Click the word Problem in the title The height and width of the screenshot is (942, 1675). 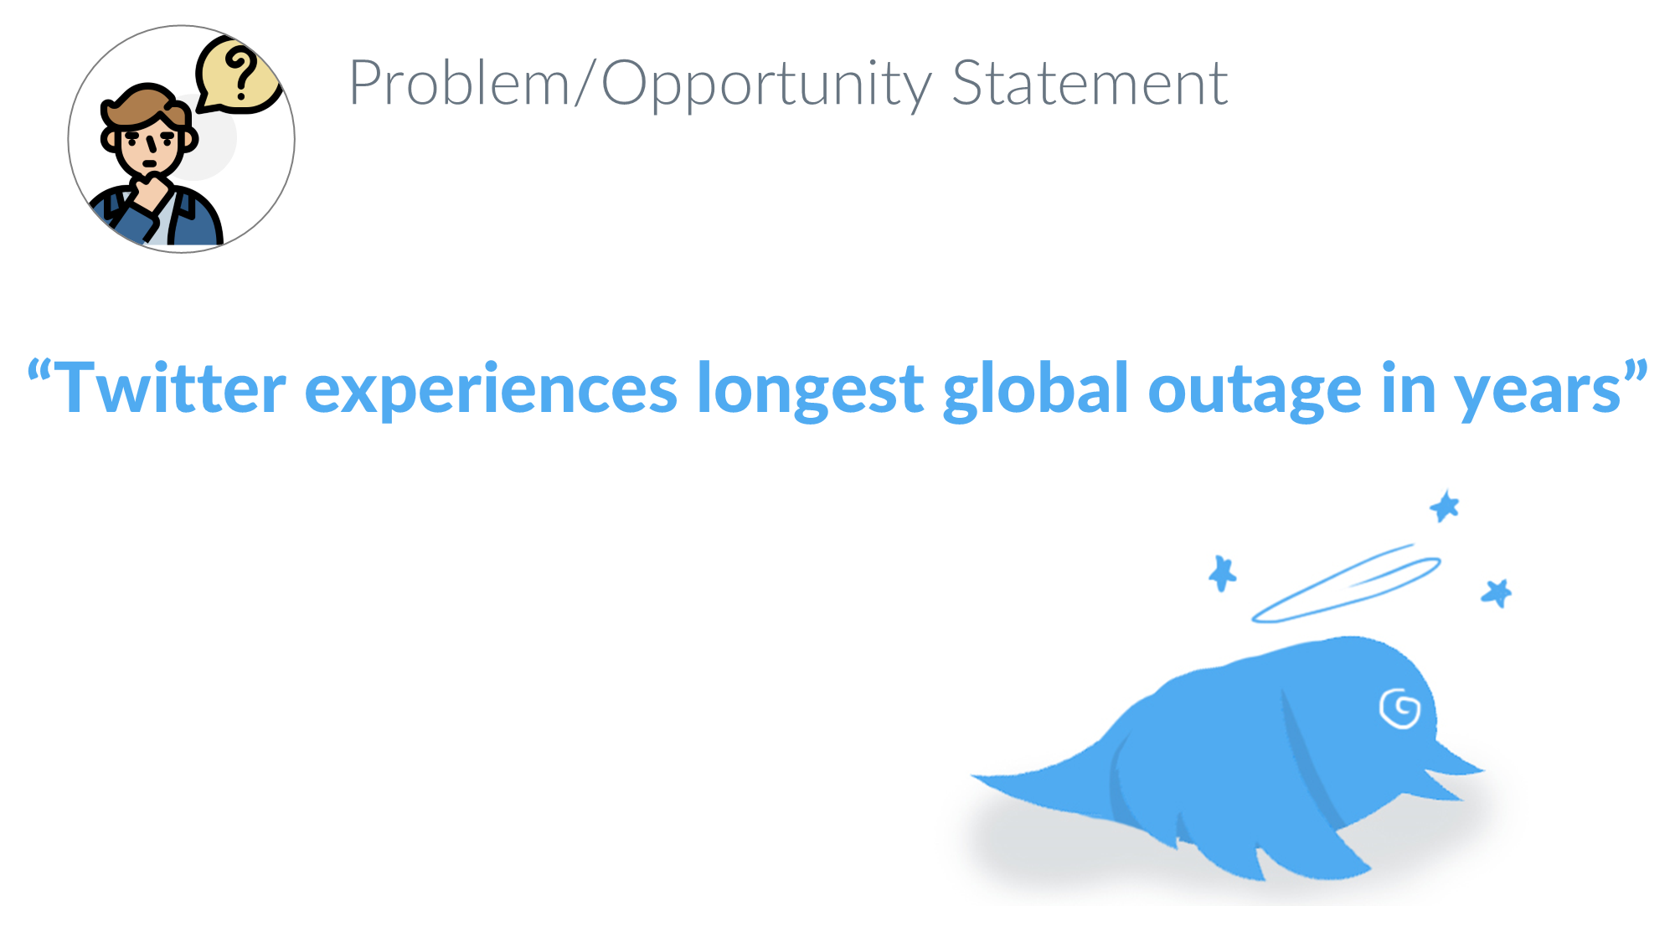pos(458,84)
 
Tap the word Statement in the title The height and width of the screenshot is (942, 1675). pos(1090,84)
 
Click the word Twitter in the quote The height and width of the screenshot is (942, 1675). pos(171,389)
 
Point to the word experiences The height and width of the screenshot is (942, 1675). pos(491,390)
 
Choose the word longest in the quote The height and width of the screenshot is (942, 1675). pos(810,390)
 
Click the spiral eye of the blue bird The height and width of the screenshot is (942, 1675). pos(1399,709)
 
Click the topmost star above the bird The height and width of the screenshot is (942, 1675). pos(1445,507)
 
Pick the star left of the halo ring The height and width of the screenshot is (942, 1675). pos(1222,574)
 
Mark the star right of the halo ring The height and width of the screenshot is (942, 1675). pos(1497,593)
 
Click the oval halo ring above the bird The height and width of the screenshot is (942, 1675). pos(1345,585)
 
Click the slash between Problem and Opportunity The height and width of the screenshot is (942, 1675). pos(585,84)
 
